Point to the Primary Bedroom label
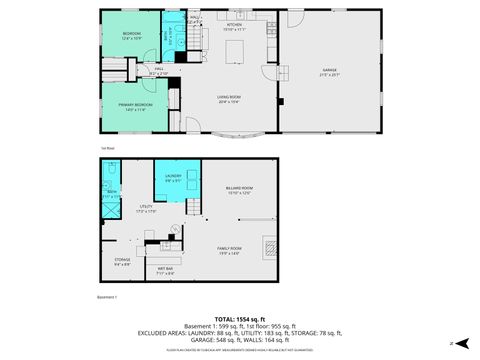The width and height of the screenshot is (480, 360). [x=136, y=106]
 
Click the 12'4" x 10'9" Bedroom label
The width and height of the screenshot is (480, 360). [x=132, y=36]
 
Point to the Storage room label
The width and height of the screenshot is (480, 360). [x=122, y=262]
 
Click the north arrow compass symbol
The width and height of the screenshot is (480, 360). [x=458, y=343]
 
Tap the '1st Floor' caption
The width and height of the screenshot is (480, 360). [x=106, y=147]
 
